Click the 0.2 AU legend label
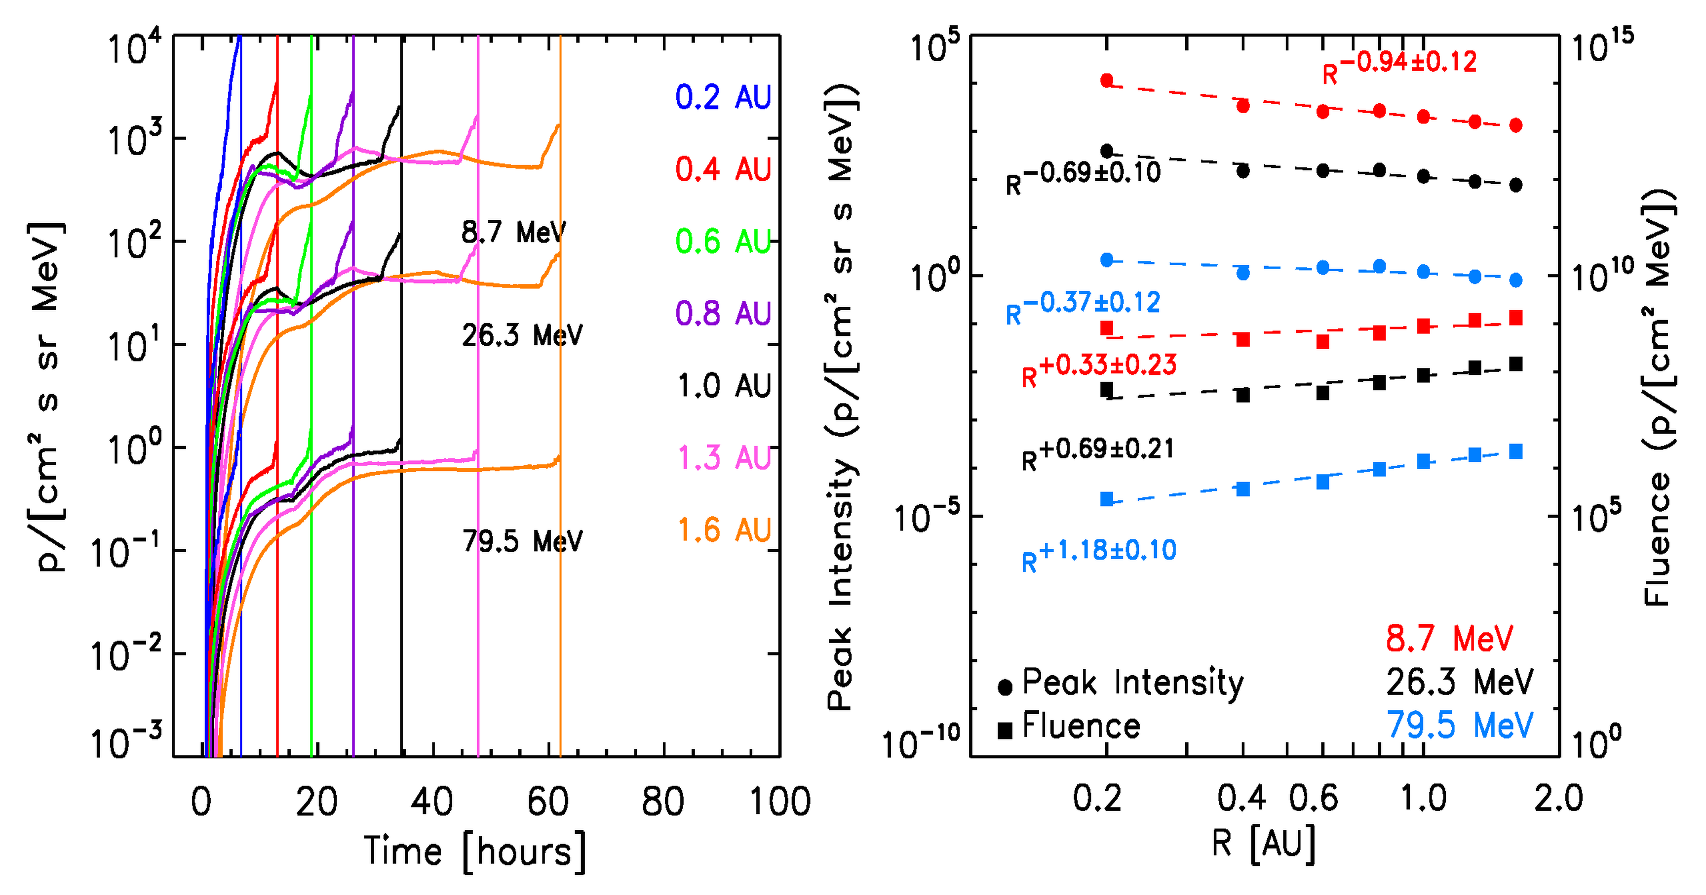point(723,97)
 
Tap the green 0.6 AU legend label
point(723,242)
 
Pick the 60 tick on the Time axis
point(548,802)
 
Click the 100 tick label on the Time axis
point(779,802)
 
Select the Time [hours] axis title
point(475,851)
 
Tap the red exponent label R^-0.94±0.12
point(1399,66)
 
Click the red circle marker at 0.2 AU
point(1107,80)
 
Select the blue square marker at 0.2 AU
point(1107,499)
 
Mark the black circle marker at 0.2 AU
point(1107,151)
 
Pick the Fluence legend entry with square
point(1070,727)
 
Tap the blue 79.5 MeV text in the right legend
point(1460,726)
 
